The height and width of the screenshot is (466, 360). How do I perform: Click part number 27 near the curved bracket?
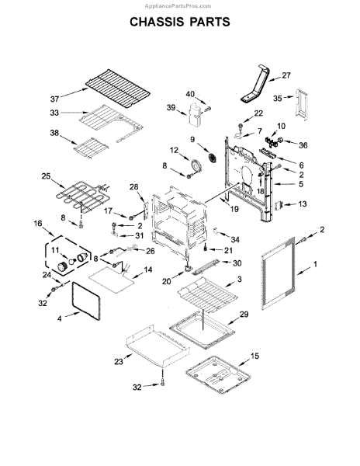tap(286, 75)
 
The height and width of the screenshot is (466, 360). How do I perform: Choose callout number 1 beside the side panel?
tap(314, 265)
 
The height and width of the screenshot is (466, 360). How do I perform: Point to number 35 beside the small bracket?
tap(276, 99)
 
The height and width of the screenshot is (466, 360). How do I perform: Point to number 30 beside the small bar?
tap(237, 263)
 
